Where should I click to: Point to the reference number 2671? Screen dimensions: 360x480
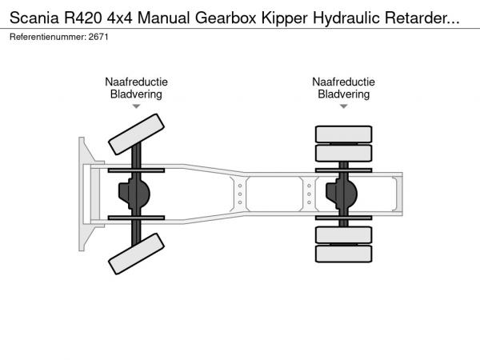98,38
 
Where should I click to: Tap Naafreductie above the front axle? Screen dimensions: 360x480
136,82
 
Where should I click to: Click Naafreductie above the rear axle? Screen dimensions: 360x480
343,82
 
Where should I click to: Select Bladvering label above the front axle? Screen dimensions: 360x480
136,94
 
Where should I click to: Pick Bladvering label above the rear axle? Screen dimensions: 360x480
343,94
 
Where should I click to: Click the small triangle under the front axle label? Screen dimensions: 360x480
136,106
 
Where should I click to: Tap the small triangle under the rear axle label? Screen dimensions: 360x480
343,106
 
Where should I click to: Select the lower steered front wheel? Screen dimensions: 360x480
136,258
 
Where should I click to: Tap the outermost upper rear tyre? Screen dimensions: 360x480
344,134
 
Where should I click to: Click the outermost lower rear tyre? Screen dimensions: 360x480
344,254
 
